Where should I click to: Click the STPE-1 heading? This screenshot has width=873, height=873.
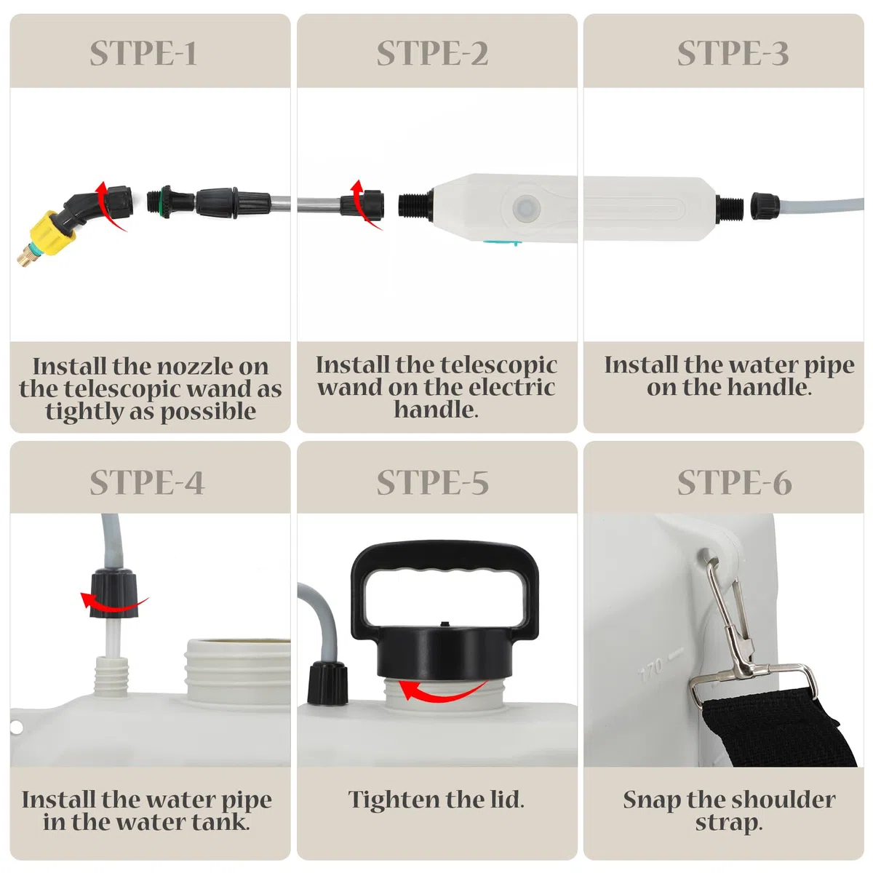click(143, 53)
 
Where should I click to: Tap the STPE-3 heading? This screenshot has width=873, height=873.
click(733, 53)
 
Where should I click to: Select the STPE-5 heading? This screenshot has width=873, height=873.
click(433, 482)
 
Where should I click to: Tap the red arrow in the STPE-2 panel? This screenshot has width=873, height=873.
click(364, 204)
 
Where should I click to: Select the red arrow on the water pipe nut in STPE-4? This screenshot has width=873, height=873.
click(113, 602)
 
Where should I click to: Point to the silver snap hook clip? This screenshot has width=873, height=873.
click(736, 634)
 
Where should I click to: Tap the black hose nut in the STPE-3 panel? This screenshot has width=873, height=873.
click(765, 207)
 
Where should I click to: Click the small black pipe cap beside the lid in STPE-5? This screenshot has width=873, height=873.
click(327, 682)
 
